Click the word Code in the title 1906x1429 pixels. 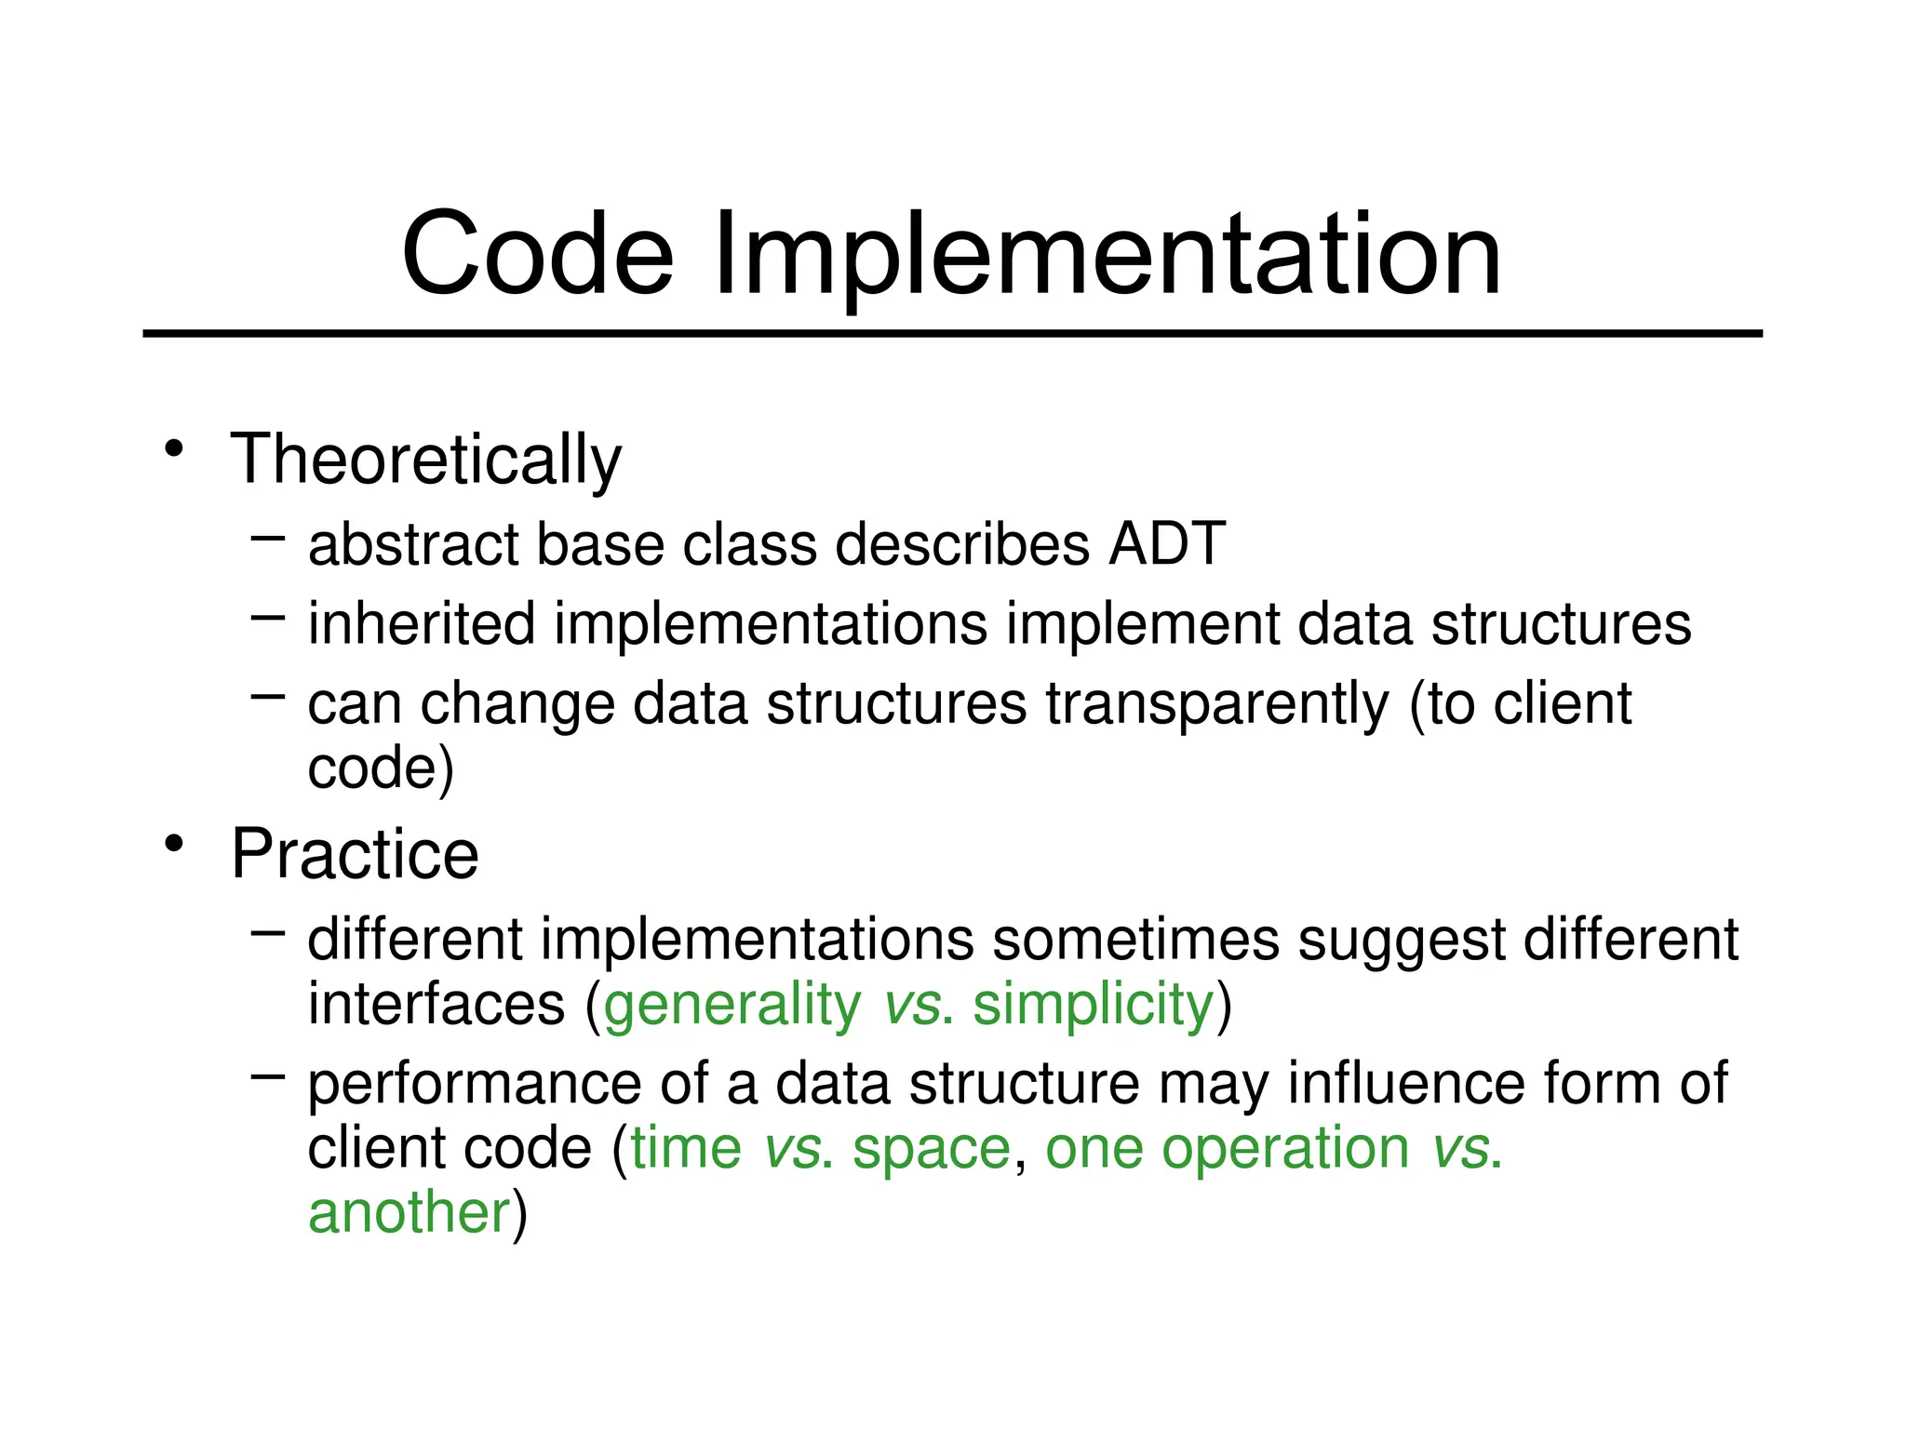pyautogui.click(x=537, y=253)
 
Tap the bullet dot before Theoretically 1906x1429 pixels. pyautogui.click(x=173, y=449)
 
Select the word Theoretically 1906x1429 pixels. pyautogui.click(x=425, y=460)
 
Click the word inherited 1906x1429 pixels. pyautogui.click(x=422, y=623)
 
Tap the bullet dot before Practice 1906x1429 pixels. pyautogui.click(x=173, y=844)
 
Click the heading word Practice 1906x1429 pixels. pyautogui.click(x=355, y=854)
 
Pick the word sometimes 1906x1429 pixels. pyautogui.click(x=1136, y=940)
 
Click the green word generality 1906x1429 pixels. pyautogui.click(x=732, y=1005)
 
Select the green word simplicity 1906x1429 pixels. pyautogui.click(x=1094, y=1005)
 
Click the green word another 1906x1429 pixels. pyautogui.click(x=409, y=1213)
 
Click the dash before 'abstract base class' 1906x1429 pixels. pyautogui.click(x=267, y=537)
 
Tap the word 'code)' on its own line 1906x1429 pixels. pyautogui.click(x=381, y=768)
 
